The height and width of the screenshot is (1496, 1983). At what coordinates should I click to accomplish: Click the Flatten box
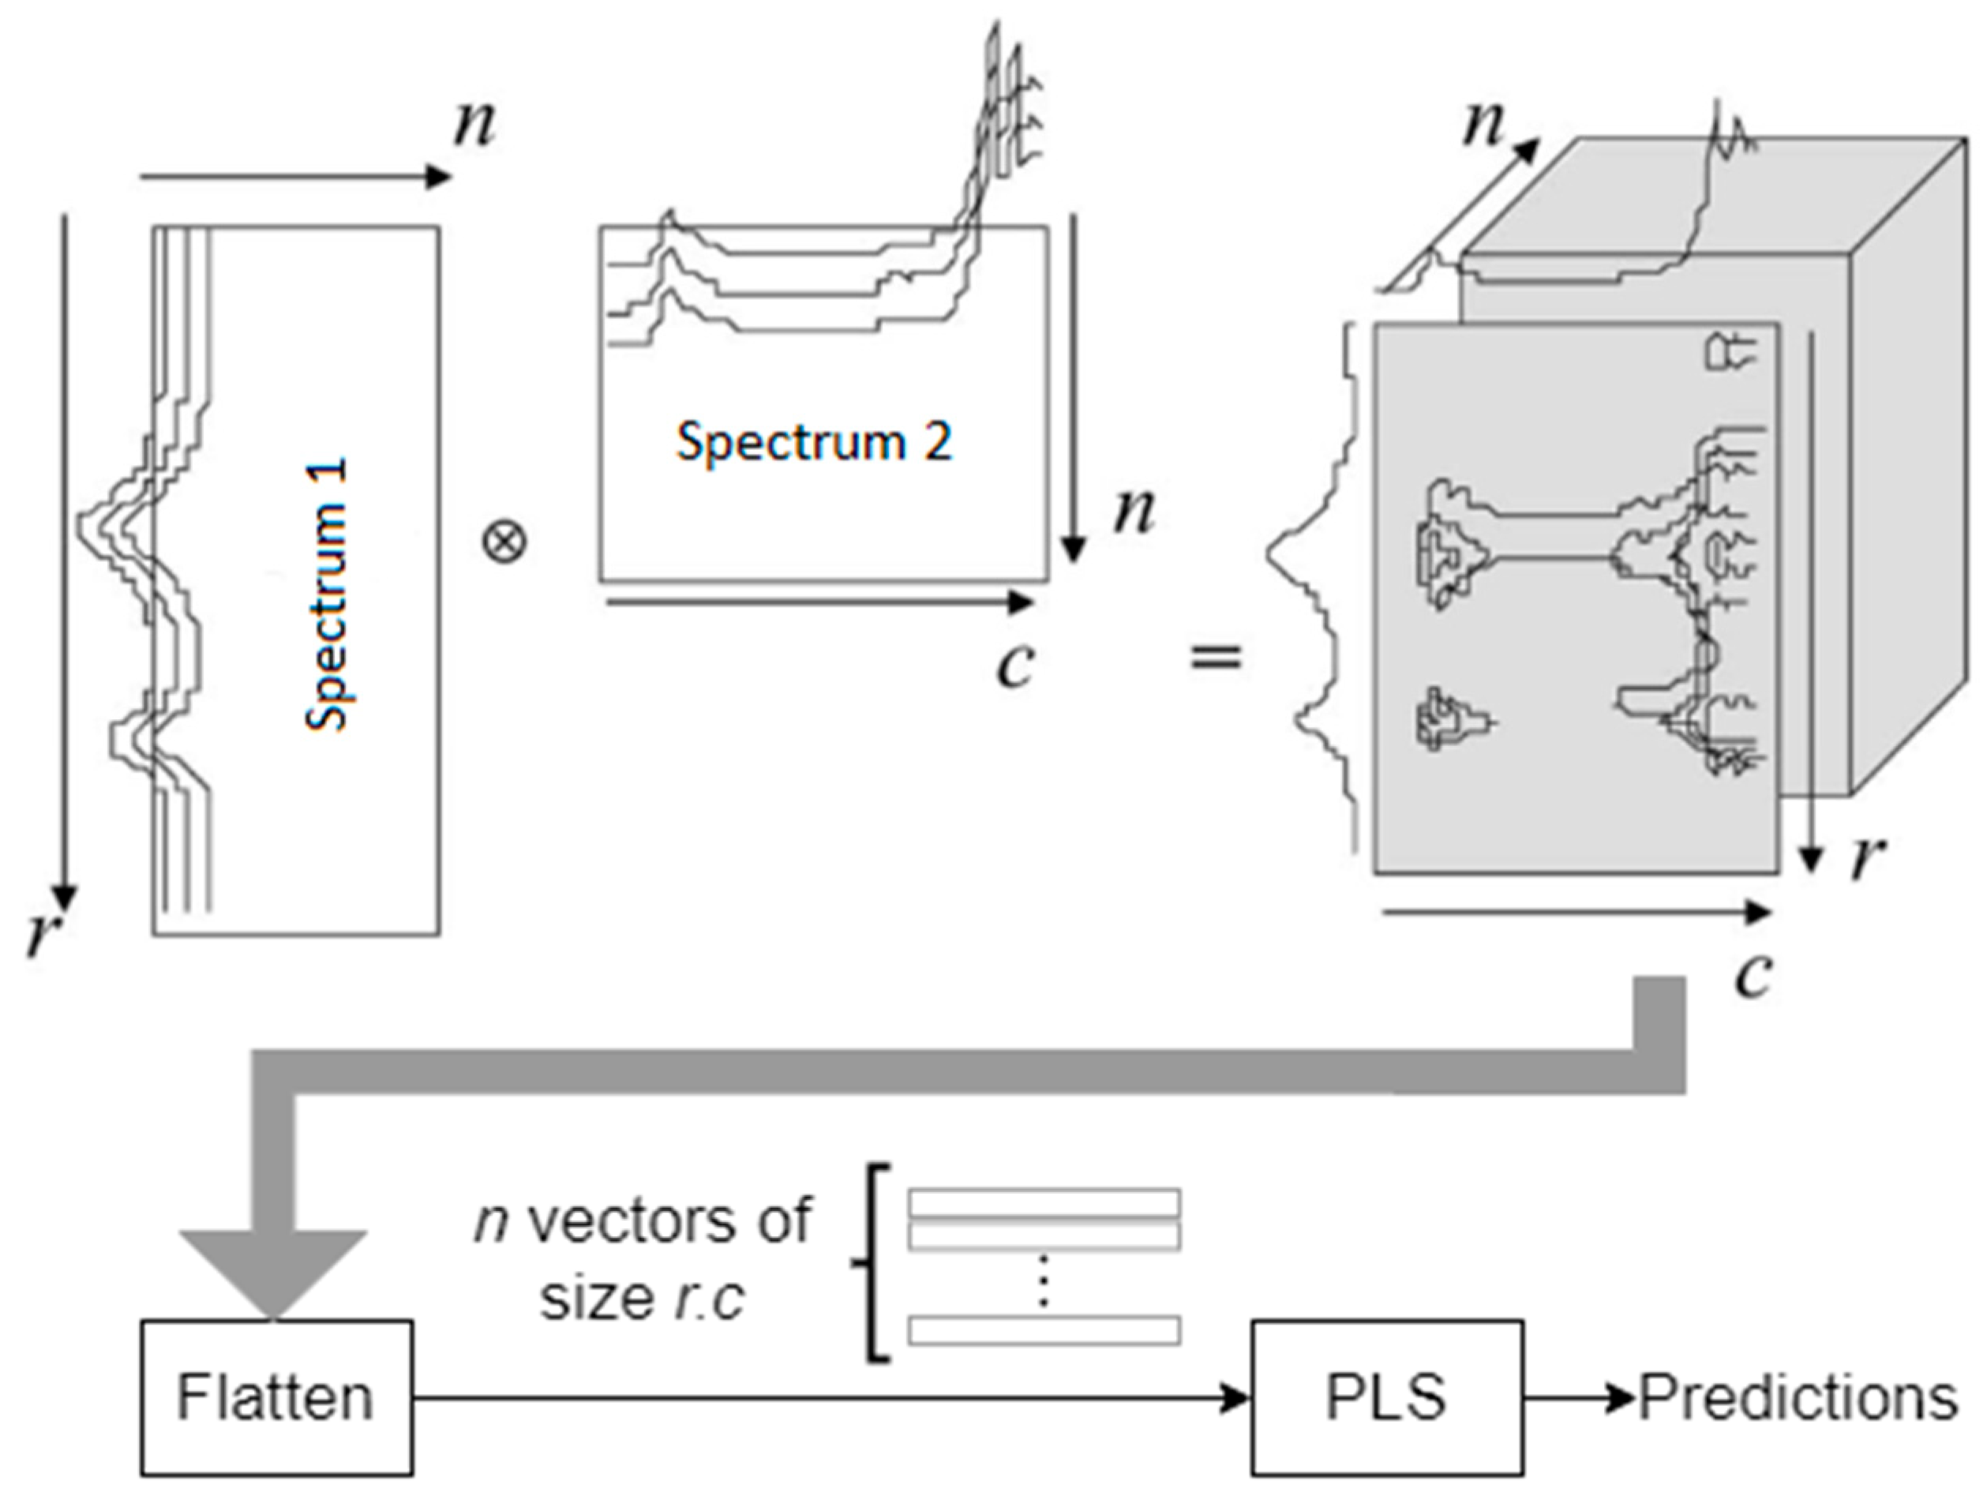click(x=276, y=1397)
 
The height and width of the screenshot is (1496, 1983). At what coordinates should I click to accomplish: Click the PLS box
click(x=1386, y=1397)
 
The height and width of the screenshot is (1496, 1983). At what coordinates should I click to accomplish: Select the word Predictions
click(x=1797, y=1397)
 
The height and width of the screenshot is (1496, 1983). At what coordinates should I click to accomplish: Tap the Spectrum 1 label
click(x=328, y=596)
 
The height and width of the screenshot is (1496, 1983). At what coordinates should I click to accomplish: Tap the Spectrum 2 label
click(x=813, y=442)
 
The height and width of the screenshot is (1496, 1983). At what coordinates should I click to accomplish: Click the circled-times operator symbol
click(x=504, y=542)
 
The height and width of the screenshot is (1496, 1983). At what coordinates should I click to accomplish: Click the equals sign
click(x=1216, y=659)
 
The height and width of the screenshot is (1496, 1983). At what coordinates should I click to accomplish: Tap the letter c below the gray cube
click(x=1752, y=975)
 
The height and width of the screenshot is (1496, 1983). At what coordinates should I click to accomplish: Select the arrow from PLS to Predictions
click(x=1580, y=1397)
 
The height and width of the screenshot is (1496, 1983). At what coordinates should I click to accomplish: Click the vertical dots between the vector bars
click(x=1042, y=1282)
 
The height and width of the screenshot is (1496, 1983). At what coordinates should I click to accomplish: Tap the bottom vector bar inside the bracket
click(x=1044, y=1330)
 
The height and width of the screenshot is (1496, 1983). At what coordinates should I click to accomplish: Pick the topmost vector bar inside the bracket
click(x=1044, y=1203)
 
